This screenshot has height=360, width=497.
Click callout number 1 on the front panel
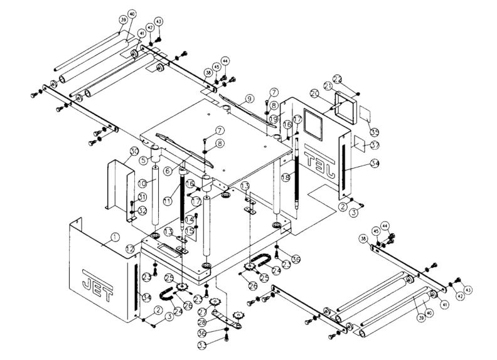pos(114,237)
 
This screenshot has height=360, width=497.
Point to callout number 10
pos(142,183)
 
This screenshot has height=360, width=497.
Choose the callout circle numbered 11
pos(168,200)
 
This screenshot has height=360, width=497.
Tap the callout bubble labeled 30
pos(134,151)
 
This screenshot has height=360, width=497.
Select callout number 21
pos(328,86)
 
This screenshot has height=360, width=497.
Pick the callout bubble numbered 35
pos(374,132)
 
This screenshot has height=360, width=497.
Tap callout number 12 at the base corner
pos(129,249)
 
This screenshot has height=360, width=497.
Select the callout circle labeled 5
pos(143,160)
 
